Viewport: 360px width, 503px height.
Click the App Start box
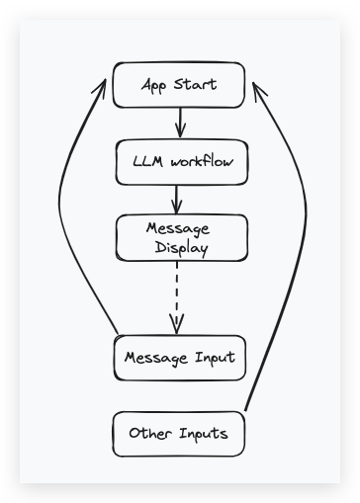click(178, 85)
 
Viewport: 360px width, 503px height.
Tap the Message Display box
click(178, 238)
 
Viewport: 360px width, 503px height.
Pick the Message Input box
click(178, 356)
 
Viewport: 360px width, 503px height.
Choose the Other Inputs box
click(178, 434)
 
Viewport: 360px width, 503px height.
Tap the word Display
click(181, 249)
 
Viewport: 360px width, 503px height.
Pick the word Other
click(149, 434)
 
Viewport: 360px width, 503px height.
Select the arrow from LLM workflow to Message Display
click(178, 200)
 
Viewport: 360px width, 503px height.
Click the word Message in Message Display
click(178, 228)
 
